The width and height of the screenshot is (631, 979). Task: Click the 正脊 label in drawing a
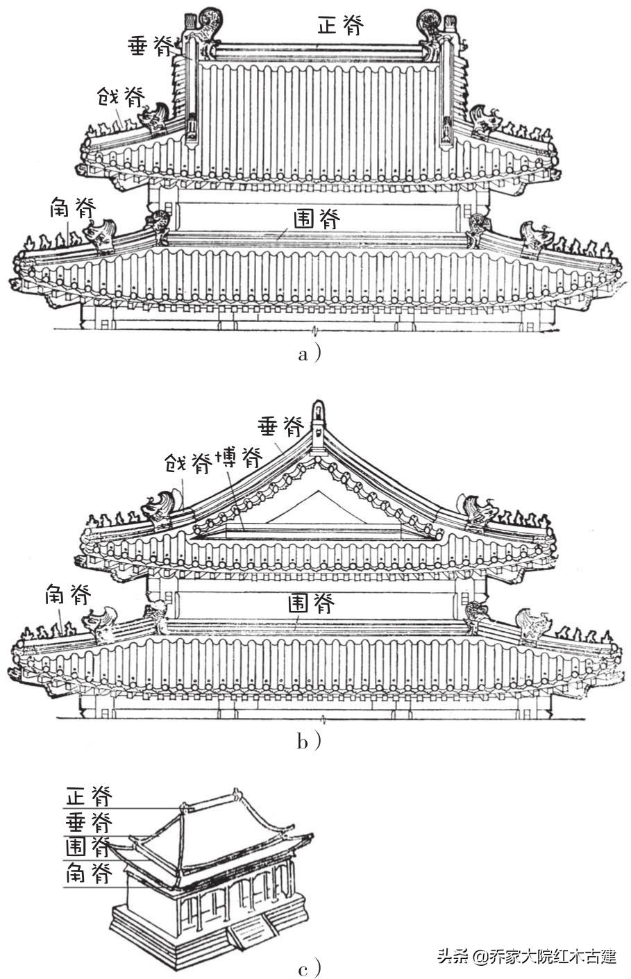(340, 25)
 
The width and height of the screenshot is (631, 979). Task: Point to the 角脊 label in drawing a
(72, 206)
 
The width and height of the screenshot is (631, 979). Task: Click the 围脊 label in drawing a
(317, 221)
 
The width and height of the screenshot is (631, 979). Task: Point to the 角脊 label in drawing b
(67, 594)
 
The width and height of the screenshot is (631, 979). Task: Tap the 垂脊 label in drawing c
(90, 823)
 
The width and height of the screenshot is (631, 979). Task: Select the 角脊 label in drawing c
(90, 873)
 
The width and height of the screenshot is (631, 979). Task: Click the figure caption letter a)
(308, 354)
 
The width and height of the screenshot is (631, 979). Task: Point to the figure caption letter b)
(308, 742)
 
